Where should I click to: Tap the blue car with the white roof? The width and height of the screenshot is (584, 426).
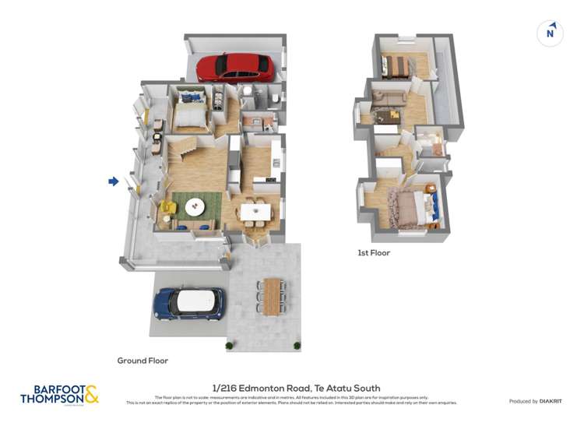189,303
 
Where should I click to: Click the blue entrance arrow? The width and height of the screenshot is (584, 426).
113,181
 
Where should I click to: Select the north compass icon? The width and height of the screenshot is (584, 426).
550,33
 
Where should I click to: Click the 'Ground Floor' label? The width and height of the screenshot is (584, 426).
142,361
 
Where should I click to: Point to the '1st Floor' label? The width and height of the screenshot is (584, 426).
374,253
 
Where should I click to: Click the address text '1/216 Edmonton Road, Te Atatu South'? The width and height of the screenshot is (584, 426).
296,388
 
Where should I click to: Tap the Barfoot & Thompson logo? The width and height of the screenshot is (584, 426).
59,394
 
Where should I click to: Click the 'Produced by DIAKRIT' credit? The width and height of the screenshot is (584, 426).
535,401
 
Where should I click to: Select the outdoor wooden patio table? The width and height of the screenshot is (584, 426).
272,295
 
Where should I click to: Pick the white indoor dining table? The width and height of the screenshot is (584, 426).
255,210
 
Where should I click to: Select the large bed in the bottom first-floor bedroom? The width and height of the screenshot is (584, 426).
409,209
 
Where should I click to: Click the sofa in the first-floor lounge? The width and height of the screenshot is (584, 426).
387,99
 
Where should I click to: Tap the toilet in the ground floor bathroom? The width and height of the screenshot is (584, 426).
276,99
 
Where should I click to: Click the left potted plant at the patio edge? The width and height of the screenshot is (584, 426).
229,344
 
